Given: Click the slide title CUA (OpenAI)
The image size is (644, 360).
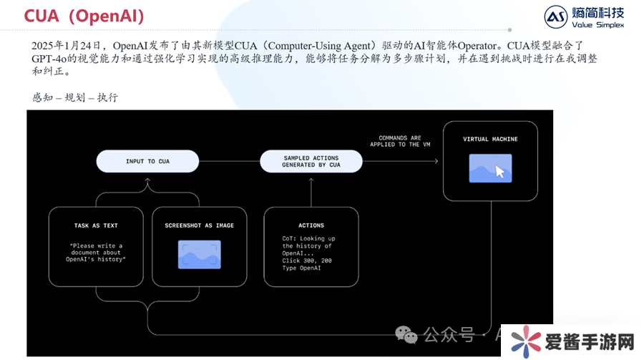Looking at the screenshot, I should (x=84, y=15).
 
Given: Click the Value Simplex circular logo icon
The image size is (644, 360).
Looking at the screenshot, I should (x=555, y=17).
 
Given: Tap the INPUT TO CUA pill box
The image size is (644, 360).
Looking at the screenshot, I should (x=148, y=161).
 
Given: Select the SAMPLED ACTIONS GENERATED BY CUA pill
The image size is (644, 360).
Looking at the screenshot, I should (x=311, y=161).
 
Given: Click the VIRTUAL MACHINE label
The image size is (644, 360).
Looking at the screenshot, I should (x=490, y=139).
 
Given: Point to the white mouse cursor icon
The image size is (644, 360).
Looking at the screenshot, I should (x=499, y=172).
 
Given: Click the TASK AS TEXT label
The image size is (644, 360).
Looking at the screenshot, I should (x=96, y=225).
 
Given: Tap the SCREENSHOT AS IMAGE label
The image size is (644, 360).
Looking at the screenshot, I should (x=199, y=225).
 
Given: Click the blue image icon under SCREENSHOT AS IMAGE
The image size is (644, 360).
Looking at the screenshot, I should (x=199, y=254).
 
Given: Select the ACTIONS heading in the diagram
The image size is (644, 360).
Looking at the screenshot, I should (x=311, y=225).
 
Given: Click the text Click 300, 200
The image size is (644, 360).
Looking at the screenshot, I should (x=307, y=261).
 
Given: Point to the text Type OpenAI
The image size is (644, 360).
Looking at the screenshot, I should (x=301, y=268).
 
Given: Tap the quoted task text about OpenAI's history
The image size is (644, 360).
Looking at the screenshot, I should (x=97, y=252).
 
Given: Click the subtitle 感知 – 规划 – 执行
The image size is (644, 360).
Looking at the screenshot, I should (x=75, y=97).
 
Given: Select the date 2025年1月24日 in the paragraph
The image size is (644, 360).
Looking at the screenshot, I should (x=68, y=45).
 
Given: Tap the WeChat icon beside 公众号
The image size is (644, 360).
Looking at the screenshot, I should (x=407, y=334).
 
